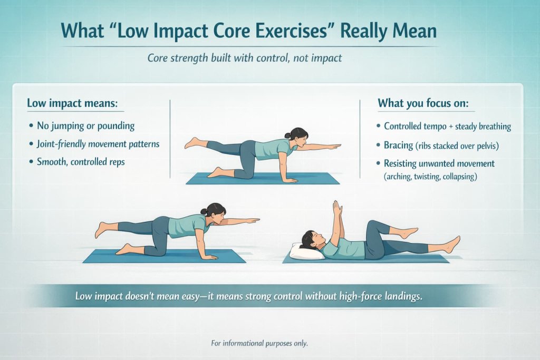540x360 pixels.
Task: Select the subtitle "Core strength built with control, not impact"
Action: point(245,58)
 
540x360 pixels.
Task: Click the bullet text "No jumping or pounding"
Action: point(85,126)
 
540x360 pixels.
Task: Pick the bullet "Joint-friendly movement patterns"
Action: point(98,144)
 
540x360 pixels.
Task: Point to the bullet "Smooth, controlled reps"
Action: point(81,162)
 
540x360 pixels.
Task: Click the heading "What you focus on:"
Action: point(423,104)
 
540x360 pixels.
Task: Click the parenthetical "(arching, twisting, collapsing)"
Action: point(430,177)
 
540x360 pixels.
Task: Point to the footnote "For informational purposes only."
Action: point(259,343)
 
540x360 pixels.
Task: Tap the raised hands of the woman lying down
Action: point(337,207)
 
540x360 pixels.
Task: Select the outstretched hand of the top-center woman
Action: point(334,146)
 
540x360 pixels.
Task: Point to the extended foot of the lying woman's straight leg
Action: point(452,244)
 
